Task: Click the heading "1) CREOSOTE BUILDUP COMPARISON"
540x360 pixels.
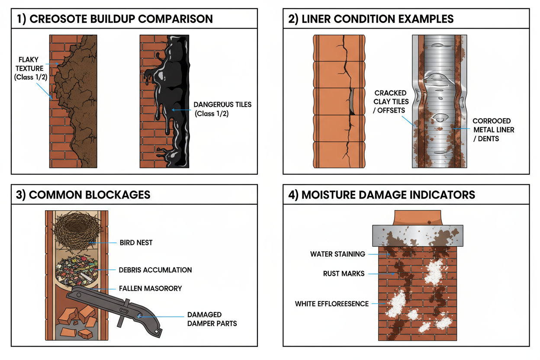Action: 115,19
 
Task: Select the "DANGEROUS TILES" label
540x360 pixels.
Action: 222,109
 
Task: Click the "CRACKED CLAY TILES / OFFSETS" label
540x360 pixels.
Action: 390,102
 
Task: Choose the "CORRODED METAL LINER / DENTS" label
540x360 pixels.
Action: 492,130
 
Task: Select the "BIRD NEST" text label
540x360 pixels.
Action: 136,243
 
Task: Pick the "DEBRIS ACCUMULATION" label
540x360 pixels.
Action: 155,270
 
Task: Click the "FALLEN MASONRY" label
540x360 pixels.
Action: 150,288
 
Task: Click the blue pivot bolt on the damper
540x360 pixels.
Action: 140,315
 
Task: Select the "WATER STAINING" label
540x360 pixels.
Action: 337,254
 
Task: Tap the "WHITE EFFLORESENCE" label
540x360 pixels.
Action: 331,304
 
